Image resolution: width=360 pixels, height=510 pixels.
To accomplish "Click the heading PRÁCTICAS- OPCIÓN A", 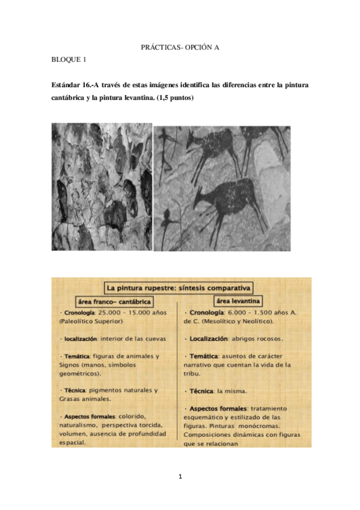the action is pyautogui.click(x=180, y=46).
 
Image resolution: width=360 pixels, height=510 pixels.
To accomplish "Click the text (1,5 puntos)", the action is pyautogui.click(x=175, y=98).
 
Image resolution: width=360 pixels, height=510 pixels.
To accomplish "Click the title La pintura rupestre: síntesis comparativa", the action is pyautogui.click(x=179, y=287).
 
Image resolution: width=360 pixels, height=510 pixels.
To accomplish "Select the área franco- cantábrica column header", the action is pyautogui.click(x=114, y=301).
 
